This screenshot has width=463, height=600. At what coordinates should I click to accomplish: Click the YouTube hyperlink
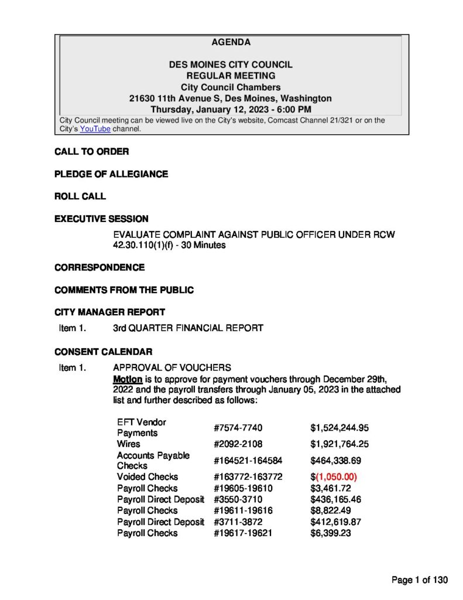coord(95,129)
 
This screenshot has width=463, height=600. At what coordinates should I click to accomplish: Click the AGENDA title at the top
coord(231,42)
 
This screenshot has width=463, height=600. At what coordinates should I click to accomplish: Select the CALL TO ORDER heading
coord(91,152)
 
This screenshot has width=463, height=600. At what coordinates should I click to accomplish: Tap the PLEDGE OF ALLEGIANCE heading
coord(111,174)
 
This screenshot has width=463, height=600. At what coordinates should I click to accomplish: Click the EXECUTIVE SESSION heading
coord(101,219)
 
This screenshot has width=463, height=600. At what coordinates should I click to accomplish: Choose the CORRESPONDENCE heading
coord(100,267)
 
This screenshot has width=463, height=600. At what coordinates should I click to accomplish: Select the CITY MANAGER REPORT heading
coord(109,312)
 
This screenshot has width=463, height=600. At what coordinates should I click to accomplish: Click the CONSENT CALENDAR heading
coord(104,352)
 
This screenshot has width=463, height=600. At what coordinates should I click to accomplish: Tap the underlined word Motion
coord(127,379)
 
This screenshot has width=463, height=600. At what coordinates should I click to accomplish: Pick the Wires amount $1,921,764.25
coord(339,444)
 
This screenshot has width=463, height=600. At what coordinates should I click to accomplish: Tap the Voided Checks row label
coord(148,477)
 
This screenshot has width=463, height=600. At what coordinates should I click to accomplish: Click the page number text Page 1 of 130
coord(420,580)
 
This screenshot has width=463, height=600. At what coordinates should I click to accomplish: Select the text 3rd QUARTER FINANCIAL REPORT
coord(188,328)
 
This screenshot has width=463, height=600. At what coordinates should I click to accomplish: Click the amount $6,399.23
coord(331,533)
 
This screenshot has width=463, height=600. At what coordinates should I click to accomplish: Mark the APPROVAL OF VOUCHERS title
coord(172,368)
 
